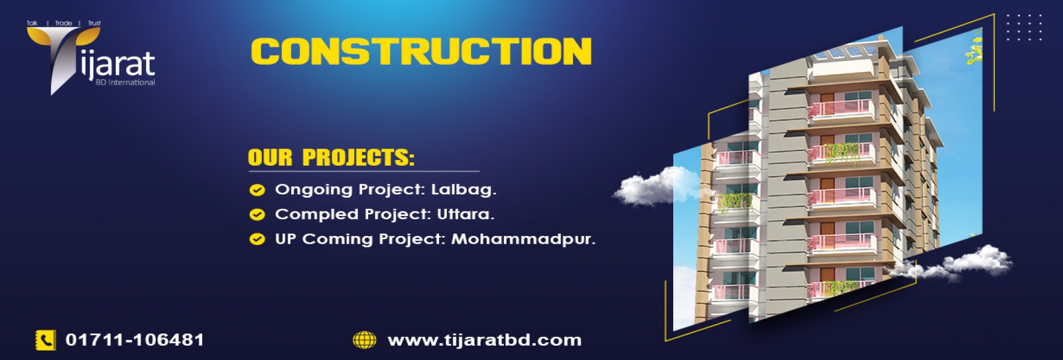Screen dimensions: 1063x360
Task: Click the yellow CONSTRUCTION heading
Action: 421,52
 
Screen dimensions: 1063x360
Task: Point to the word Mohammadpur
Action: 523,239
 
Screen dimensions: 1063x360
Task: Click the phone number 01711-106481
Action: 135,340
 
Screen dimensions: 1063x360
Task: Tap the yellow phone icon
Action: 45,340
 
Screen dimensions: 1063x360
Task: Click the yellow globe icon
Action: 364,340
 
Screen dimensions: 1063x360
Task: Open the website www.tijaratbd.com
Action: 484,340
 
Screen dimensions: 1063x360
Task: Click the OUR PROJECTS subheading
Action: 331,158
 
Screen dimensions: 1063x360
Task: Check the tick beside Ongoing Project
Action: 257,190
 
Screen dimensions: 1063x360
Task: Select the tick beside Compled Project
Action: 257,214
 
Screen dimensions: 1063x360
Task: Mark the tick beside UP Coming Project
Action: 257,239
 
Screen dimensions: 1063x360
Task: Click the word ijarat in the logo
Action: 117,65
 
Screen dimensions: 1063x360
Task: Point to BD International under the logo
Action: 125,83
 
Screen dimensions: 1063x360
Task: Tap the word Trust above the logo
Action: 94,23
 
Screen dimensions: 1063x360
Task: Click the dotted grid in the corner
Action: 1024,28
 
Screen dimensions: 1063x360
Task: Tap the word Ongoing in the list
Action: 313,190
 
